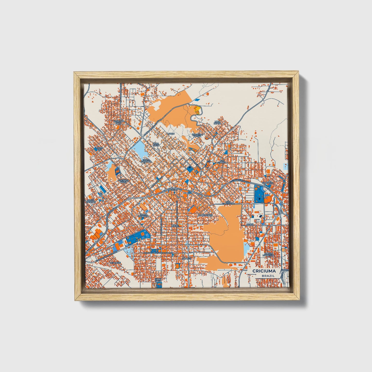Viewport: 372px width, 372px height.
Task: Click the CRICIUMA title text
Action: pyautogui.click(x=264, y=271)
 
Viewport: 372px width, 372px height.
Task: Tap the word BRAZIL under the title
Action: pyautogui.click(x=268, y=276)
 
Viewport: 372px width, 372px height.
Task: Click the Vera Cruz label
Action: pyautogui.click(x=156, y=144)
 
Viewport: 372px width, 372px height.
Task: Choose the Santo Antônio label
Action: pyautogui.click(x=91, y=201)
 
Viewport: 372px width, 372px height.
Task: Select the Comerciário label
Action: pyautogui.click(x=205, y=215)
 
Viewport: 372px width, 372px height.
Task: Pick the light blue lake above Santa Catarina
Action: pyautogui.click(x=140, y=149)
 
